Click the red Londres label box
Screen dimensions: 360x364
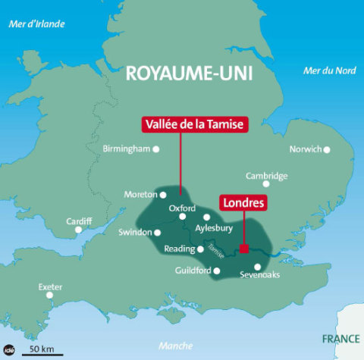coord(243,204)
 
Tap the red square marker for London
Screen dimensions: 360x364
coord(243,248)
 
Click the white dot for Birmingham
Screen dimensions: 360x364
coord(156,149)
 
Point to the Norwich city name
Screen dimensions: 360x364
coord(306,149)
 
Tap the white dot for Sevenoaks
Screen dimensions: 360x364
coord(258,266)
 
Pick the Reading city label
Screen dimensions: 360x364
coord(180,249)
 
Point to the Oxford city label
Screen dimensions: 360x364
coord(182,208)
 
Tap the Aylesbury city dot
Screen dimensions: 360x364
coord(207,217)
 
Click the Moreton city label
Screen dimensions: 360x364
coord(140,195)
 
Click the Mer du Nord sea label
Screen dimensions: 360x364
coord(329,70)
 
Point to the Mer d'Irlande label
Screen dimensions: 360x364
coord(36,24)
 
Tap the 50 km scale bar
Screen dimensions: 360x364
coord(42,352)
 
